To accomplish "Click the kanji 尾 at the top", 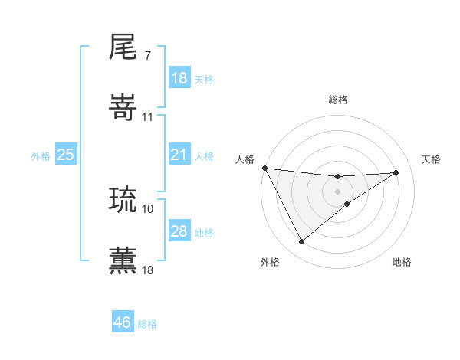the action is click(x=123, y=47).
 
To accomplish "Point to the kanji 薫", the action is click(x=123, y=260).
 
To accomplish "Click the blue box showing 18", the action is click(x=179, y=78).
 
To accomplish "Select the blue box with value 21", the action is click(x=179, y=155).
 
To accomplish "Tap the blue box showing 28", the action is click(x=179, y=231).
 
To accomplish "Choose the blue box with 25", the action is click(x=66, y=155).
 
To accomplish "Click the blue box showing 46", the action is click(x=123, y=322).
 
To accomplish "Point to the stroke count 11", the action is click(x=148, y=116).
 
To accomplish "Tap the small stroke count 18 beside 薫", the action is click(x=148, y=269).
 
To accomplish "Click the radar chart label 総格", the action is click(x=338, y=100).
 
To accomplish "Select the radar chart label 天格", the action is click(x=431, y=159).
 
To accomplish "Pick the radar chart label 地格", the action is click(x=402, y=262).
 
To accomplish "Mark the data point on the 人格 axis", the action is click(x=264, y=168).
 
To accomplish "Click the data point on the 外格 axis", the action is click(x=301, y=242).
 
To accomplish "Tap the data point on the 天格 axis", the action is click(x=396, y=172).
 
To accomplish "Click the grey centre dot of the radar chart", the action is click(x=338, y=191).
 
